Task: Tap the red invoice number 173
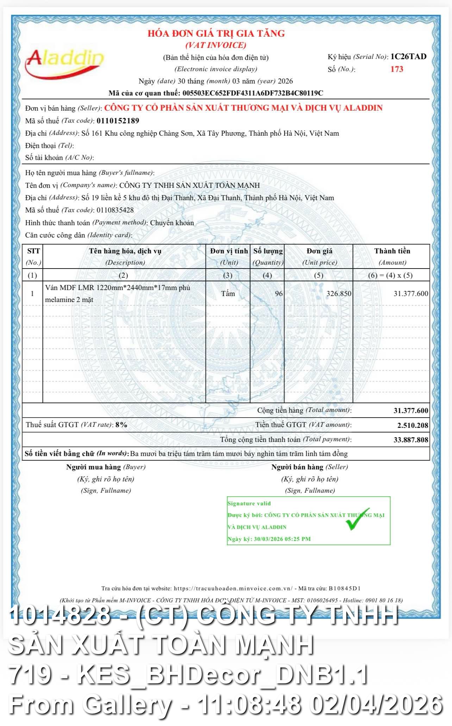(x=397, y=69)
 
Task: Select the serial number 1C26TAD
(x=408, y=57)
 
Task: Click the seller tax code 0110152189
(x=118, y=121)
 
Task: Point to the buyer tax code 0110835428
(x=115, y=210)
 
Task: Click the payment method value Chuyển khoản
(x=172, y=223)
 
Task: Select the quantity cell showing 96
(x=278, y=294)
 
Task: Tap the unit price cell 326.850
(x=338, y=294)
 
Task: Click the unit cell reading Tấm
(x=228, y=294)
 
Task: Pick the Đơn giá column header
(x=319, y=251)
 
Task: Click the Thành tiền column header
(x=392, y=251)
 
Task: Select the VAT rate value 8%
(x=121, y=425)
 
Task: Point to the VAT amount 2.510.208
(x=413, y=425)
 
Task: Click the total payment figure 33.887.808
(x=411, y=440)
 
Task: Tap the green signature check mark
(x=357, y=519)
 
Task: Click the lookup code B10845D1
(x=344, y=588)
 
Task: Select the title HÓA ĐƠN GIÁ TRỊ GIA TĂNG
(x=216, y=34)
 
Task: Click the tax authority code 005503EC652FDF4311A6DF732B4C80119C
(x=252, y=93)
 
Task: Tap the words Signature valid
(x=249, y=504)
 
